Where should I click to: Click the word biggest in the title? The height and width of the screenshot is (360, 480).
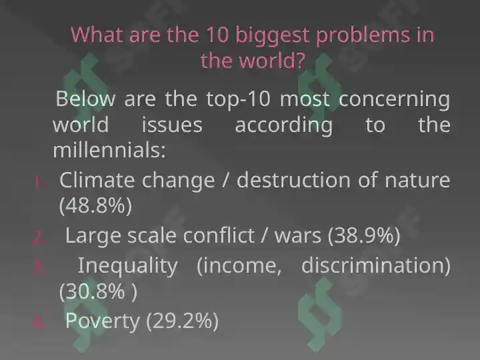point(272,35)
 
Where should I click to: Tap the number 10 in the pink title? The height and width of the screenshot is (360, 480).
point(217,34)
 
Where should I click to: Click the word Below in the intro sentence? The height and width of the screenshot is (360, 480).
point(85,99)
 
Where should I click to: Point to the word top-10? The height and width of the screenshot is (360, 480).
point(239,100)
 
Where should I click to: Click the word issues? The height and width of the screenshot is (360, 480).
point(172,125)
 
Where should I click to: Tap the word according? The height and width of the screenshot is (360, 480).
point(284,126)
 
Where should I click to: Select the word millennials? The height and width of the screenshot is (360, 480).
point(109,150)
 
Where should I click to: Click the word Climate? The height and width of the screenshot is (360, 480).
point(97,180)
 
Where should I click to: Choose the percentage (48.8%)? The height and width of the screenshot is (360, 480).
point(95,206)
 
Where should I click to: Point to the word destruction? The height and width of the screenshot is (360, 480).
point(293,180)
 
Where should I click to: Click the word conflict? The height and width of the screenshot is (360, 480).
point(219,236)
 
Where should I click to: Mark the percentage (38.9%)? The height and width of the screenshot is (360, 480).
point(364,236)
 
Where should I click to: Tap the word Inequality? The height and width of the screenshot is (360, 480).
point(127,266)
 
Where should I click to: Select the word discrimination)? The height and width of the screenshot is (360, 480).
point(376,265)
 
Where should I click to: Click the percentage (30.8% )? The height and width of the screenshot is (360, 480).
point(98,291)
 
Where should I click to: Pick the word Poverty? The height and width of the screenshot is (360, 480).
point(102,321)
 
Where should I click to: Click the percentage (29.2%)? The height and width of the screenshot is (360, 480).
point(183,321)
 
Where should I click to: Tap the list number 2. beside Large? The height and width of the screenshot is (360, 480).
point(39,237)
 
